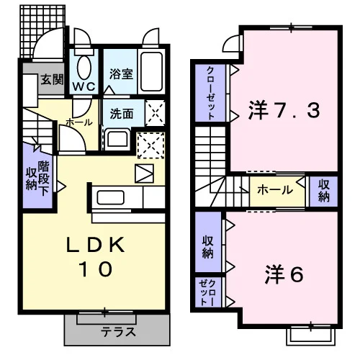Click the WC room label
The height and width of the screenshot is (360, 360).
[x=84, y=86]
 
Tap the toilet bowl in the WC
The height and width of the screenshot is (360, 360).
[x=84, y=68]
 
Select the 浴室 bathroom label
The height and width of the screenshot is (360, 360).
[x=121, y=73]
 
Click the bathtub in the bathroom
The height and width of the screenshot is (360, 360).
[x=151, y=71]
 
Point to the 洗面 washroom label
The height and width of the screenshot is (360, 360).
[x=122, y=113]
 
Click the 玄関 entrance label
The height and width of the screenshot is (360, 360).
[x=52, y=79]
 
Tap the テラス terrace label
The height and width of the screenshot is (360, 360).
[x=118, y=332]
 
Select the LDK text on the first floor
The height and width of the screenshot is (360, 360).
[x=96, y=245]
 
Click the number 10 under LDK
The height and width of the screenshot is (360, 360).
[x=96, y=269]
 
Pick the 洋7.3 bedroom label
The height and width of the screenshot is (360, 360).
[x=284, y=110]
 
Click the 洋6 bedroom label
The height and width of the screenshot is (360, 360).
[x=284, y=275]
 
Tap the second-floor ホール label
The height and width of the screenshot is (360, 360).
[x=275, y=190]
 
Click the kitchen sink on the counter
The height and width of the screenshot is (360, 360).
[x=111, y=197]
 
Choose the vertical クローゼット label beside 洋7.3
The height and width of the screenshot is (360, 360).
[x=210, y=93]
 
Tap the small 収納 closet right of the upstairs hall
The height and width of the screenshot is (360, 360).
[x=324, y=191]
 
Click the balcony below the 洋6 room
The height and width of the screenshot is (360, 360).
[x=311, y=336]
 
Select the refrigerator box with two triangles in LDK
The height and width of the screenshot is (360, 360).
[x=144, y=174]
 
